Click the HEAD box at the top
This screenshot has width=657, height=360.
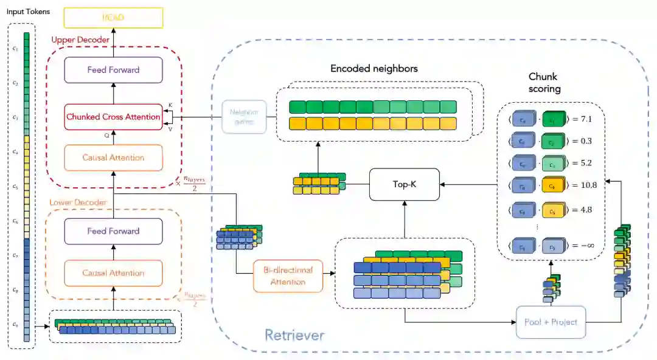[113, 17]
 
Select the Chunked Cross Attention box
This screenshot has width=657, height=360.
[113, 117]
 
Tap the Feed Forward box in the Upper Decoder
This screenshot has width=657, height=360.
[113, 70]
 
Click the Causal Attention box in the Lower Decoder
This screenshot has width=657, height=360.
[113, 273]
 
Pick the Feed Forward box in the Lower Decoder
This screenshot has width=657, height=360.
[113, 231]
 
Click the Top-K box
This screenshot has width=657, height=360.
[405, 184]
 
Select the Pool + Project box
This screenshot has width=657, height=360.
[550, 322]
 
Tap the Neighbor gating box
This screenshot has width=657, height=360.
[243, 117]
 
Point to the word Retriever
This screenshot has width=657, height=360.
[294, 335]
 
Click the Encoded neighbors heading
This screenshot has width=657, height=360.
[374, 69]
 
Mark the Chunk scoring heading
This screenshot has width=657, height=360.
[543, 83]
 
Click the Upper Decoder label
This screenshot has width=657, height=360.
[80, 40]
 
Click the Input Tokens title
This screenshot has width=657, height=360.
[29, 12]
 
